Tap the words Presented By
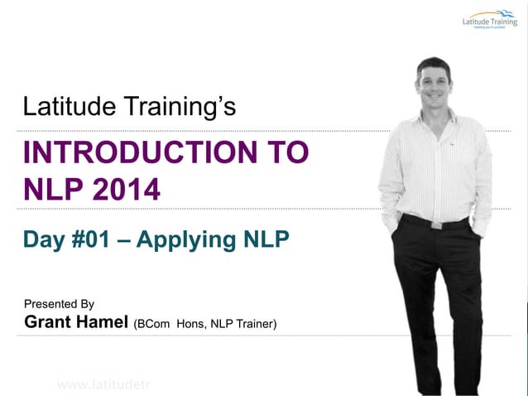[x=59, y=304]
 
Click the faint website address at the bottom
[x=103, y=384]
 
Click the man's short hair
[x=433, y=64]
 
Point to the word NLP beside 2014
[x=50, y=190]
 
